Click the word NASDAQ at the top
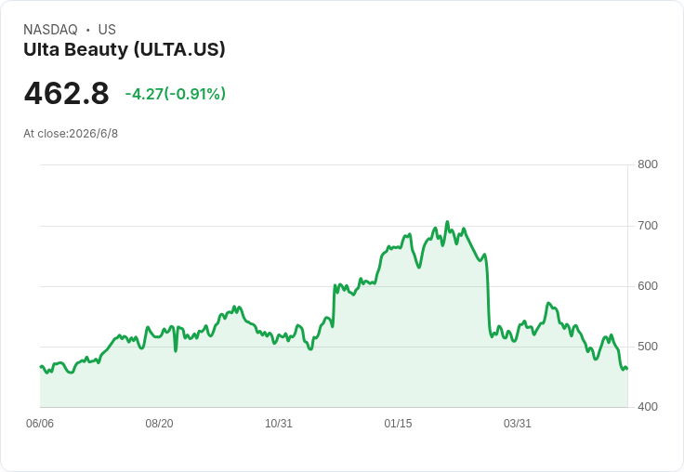(50, 30)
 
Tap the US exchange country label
(107, 30)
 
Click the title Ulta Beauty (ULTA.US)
(125, 50)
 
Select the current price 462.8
(66, 93)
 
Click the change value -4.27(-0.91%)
(176, 94)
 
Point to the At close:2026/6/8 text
(71, 134)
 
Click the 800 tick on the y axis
(648, 164)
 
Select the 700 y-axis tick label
(648, 226)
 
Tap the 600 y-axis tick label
(648, 286)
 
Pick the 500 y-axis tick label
(648, 347)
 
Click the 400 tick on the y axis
(648, 407)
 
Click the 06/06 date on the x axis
(40, 424)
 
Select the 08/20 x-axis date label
(159, 424)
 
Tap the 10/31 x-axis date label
(279, 424)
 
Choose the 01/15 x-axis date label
(398, 424)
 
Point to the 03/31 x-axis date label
(518, 424)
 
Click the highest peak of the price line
(447, 222)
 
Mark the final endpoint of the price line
(627, 369)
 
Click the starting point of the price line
(41, 366)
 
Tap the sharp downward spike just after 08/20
(176, 350)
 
